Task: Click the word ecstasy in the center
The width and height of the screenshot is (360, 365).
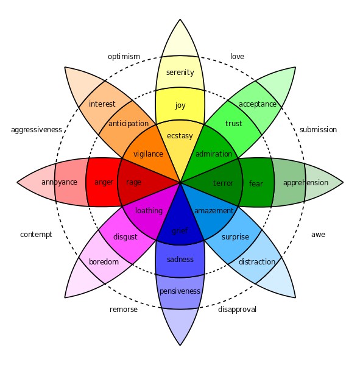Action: (x=180, y=135)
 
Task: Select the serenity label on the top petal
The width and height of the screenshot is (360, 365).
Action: (x=180, y=73)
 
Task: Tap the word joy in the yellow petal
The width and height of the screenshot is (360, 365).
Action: (x=180, y=105)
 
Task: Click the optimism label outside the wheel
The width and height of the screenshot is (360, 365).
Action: (x=124, y=57)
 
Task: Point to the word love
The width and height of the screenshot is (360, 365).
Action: (x=237, y=57)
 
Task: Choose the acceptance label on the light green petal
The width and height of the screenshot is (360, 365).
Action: (x=257, y=104)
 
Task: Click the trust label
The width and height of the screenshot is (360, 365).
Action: (x=233, y=124)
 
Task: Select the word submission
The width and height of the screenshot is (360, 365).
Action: (x=318, y=130)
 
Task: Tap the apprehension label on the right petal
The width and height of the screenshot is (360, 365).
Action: (x=305, y=183)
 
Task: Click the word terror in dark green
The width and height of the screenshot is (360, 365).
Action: (x=223, y=183)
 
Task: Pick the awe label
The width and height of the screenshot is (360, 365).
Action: (x=318, y=235)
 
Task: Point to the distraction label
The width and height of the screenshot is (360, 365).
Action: (x=256, y=262)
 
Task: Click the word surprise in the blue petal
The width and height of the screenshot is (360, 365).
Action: (x=235, y=237)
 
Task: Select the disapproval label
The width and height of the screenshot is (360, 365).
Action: (x=237, y=310)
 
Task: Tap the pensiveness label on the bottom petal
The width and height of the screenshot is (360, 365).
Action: (x=180, y=291)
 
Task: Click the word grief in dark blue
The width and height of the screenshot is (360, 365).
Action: (x=180, y=231)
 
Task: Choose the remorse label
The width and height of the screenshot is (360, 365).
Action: (x=124, y=310)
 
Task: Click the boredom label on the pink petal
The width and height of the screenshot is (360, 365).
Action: (x=104, y=262)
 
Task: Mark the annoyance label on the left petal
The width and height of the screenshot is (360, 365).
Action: (x=59, y=182)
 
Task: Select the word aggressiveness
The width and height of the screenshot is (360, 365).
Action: (x=37, y=130)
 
